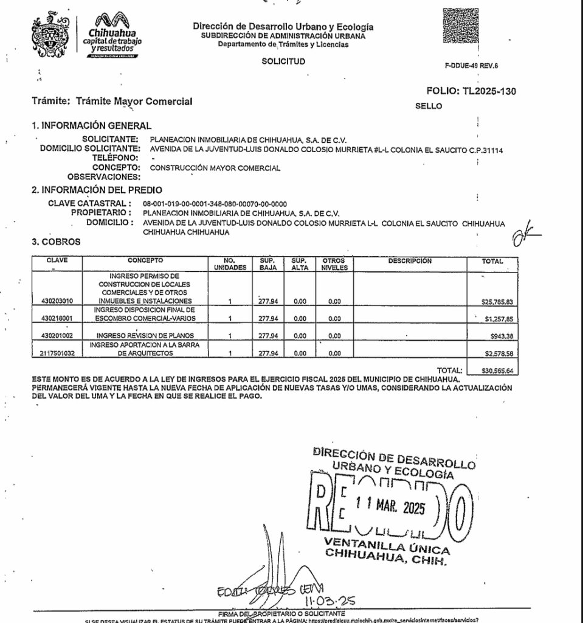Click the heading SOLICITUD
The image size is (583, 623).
click(283, 61)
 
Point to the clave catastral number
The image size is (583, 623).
click(215, 203)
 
